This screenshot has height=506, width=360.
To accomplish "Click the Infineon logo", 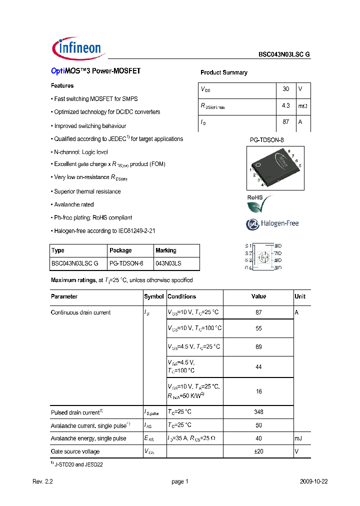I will pos(77,48).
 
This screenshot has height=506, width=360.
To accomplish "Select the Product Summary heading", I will pos(223,72).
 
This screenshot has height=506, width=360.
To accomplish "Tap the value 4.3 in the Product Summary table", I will pos(285,105).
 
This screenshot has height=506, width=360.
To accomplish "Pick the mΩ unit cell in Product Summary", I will pos(303,106).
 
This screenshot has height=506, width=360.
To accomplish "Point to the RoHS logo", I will pos(259,203).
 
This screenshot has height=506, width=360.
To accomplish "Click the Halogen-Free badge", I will pos(272,223).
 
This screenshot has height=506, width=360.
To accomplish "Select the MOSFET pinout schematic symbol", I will pos(263,257).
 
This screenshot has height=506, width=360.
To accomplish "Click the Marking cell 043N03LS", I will pos(168,263).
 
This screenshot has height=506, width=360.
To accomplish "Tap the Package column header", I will pos(120,250).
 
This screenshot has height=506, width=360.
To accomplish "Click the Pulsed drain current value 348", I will pos(258,412).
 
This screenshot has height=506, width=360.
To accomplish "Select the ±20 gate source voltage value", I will pos(258,451).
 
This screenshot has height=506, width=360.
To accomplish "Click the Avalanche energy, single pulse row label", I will pos(88,438).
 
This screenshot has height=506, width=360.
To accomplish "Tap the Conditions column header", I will pos(181,296).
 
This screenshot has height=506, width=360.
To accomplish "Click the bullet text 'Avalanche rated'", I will pos(73,204).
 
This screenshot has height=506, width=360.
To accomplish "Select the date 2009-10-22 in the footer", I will pos(313,481).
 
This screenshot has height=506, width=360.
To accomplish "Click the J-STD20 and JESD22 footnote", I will pos(78,464).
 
